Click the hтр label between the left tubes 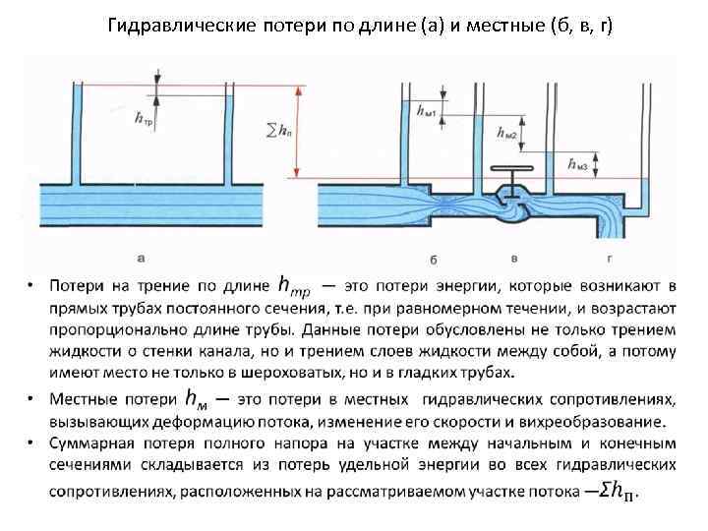point(145,119)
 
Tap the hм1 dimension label point(428,111)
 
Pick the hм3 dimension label point(579,165)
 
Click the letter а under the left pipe point(142,258)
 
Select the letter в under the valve point(514,258)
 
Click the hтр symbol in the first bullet point(294,285)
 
